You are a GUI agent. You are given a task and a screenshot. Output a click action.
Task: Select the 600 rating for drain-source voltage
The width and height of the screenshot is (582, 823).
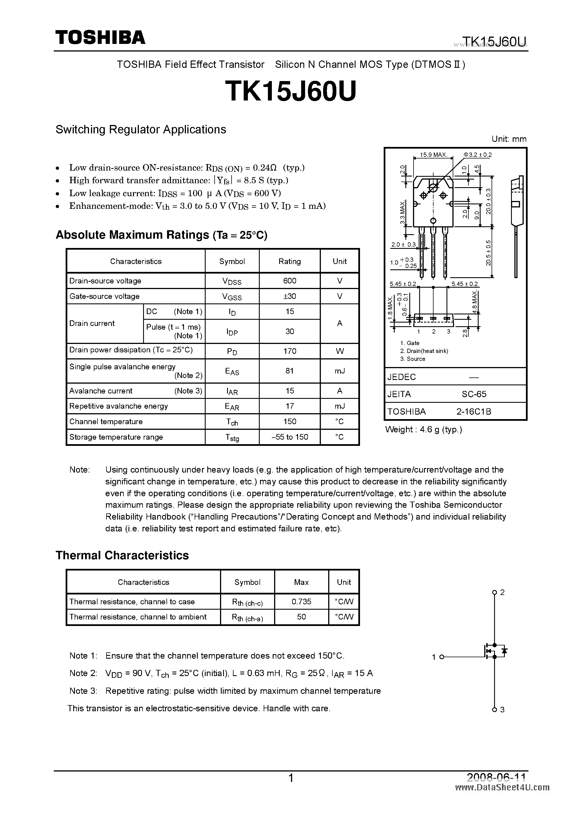[290, 281]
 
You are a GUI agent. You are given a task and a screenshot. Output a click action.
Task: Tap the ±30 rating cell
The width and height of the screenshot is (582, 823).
[290, 296]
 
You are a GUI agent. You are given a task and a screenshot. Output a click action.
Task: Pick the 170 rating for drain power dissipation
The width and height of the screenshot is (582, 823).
[290, 351]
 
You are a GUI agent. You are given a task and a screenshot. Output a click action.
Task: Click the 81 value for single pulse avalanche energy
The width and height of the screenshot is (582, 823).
[290, 371]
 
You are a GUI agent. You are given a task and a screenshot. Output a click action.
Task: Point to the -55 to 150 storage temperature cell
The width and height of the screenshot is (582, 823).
[290, 437]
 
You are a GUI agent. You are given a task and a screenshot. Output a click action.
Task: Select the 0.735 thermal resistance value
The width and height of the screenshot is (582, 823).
[301, 601]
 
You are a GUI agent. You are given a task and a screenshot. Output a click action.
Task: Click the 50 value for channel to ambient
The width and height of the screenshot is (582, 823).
[301, 616]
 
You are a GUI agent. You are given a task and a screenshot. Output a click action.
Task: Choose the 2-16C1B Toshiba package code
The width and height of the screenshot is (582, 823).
[474, 411]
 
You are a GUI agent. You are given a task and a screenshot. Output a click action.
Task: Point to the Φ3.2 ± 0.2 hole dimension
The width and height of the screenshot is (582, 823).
[477, 155]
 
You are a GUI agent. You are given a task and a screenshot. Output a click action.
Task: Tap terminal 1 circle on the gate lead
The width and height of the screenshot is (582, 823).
[442, 657]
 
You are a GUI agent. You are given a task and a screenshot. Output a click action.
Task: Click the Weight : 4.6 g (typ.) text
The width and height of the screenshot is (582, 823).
[423, 430]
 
